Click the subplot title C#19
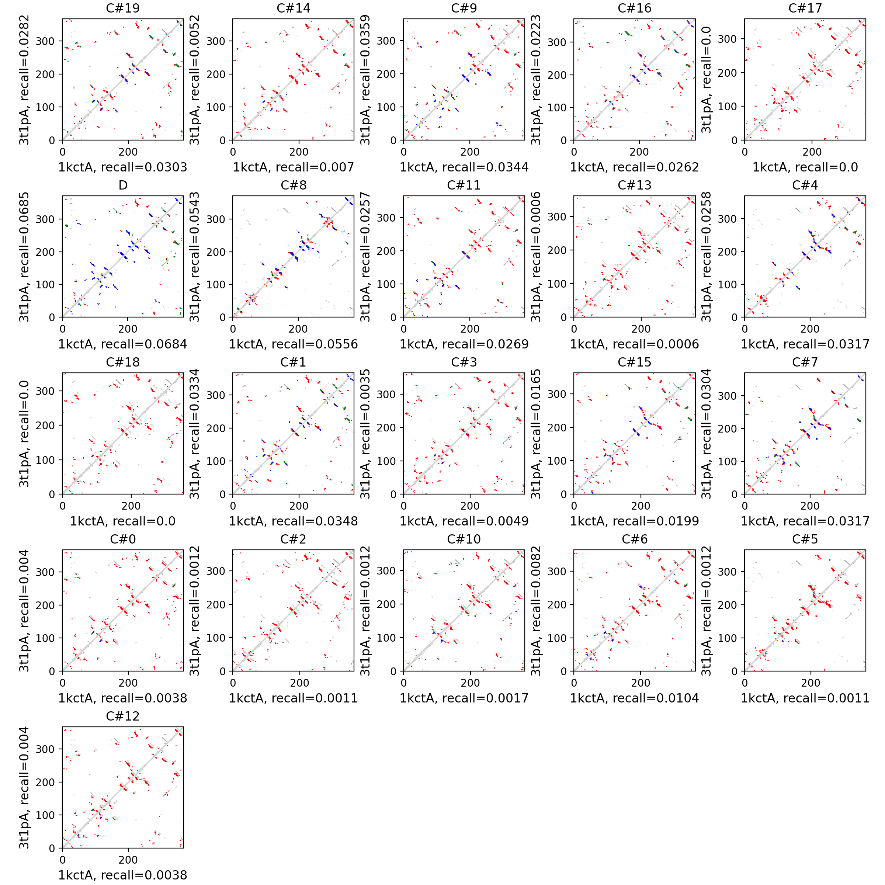pos(123,8)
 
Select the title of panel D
pos(123,185)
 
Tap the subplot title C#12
pos(123,716)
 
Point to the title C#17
pos(805,8)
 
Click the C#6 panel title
pos(634,539)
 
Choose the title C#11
pos(464,185)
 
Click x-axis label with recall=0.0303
pos(123,167)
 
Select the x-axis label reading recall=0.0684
pos(123,344)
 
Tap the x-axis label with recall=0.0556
pos(293,344)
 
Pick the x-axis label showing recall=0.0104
pos(634,698)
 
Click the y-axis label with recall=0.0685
pos(24,257)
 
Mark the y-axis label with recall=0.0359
pos(365,80)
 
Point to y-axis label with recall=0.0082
pos(535,611)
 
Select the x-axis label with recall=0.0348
pos(293,521)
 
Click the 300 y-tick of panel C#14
pos(216,41)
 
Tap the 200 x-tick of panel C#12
pos(128,860)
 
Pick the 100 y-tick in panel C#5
pos(728,638)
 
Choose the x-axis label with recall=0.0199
pos(634,521)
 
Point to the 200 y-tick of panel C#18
pos(45,426)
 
